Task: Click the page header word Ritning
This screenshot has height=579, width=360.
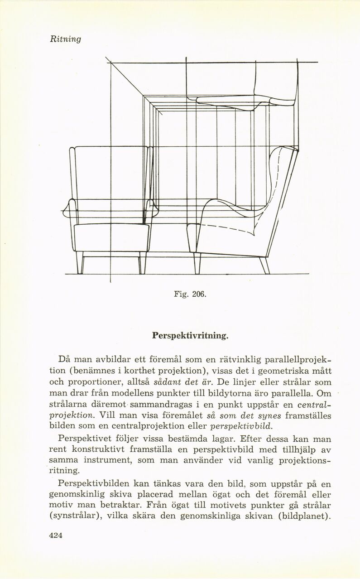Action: click(65, 39)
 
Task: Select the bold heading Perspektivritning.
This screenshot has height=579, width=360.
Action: click(190, 337)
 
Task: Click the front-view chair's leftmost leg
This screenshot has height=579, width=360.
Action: click(80, 264)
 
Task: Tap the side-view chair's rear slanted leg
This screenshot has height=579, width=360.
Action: click(264, 265)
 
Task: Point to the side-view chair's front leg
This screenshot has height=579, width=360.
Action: click(197, 264)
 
